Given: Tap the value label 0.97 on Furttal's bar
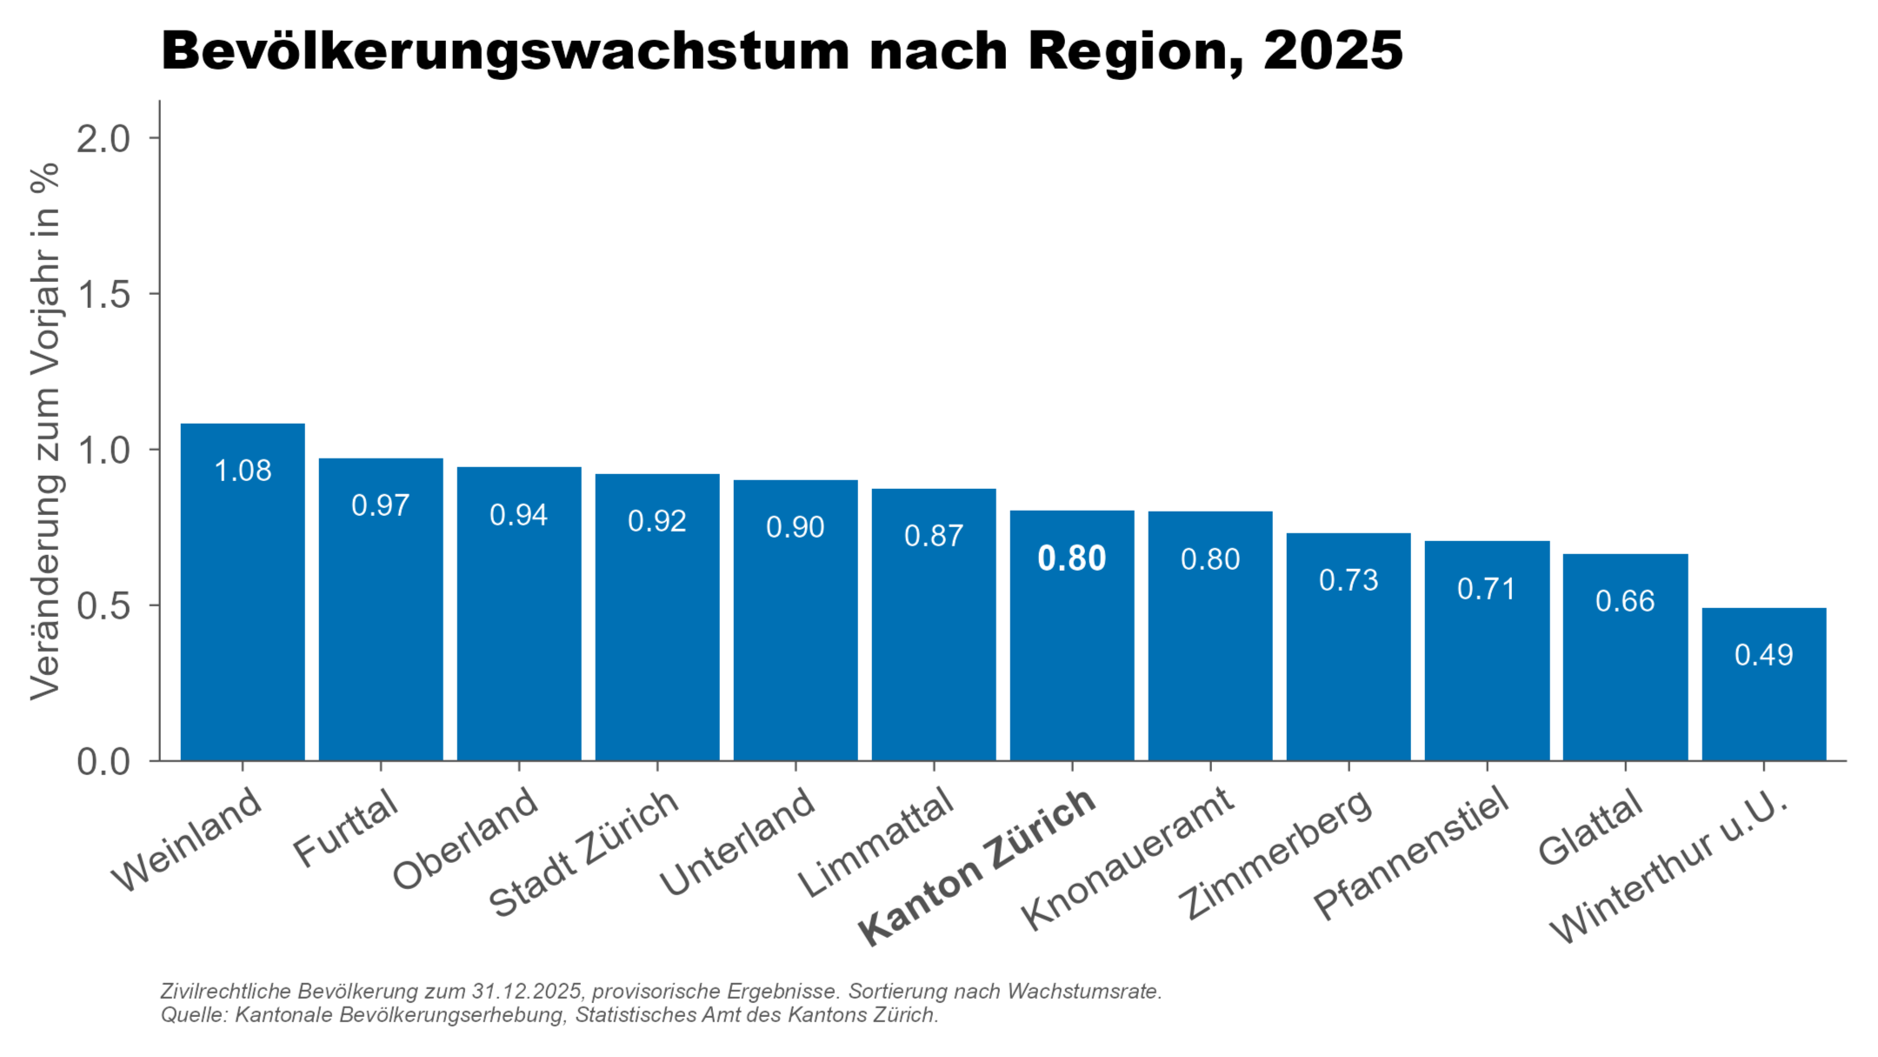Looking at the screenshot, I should tap(380, 505).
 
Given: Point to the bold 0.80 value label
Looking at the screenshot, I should tap(1071, 559).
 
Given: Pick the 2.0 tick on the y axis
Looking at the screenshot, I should tap(103, 138).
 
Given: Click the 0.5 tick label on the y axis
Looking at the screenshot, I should tap(103, 606).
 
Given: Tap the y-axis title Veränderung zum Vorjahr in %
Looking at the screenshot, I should tap(45, 431).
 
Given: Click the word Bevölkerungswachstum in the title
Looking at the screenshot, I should tap(504, 50).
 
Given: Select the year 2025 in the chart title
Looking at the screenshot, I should tap(1333, 50).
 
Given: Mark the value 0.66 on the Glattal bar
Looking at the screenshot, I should tap(1624, 601).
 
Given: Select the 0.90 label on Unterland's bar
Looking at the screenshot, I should tap(795, 527).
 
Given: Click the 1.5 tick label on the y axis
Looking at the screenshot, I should tap(103, 295).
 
